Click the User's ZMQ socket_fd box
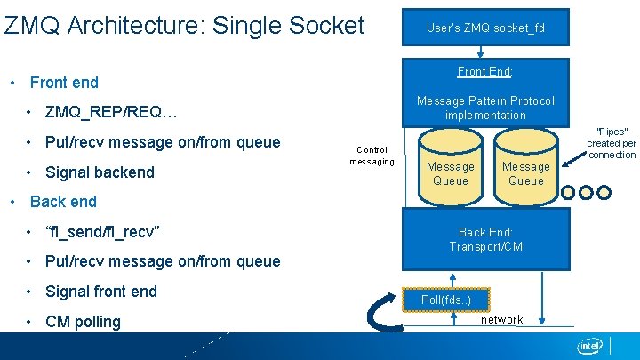pyautogui.click(x=485, y=28)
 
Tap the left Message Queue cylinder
pyautogui.click(x=451, y=169)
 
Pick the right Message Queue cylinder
pyautogui.click(x=525, y=169)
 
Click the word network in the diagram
pyautogui.click(x=502, y=319)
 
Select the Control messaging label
pyautogui.click(x=372, y=156)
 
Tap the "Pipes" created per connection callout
pyautogui.click(x=611, y=142)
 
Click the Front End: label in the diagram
pyautogui.click(x=485, y=71)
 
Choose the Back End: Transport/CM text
pyautogui.click(x=485, y=239)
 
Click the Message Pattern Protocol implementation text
pyautogui.click(x=485, y=108)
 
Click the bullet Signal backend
pyautogui.click(x=100, y=172)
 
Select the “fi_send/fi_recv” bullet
pyautogui.click(x=102, y=232)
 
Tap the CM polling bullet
pyautogui.click(x=83, y=322)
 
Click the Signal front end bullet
pyautogui.click(x=100, y=292)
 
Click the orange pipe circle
pyautogui.click(x=604, y=192)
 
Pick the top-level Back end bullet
pyautogui.click(x=63, y=202)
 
